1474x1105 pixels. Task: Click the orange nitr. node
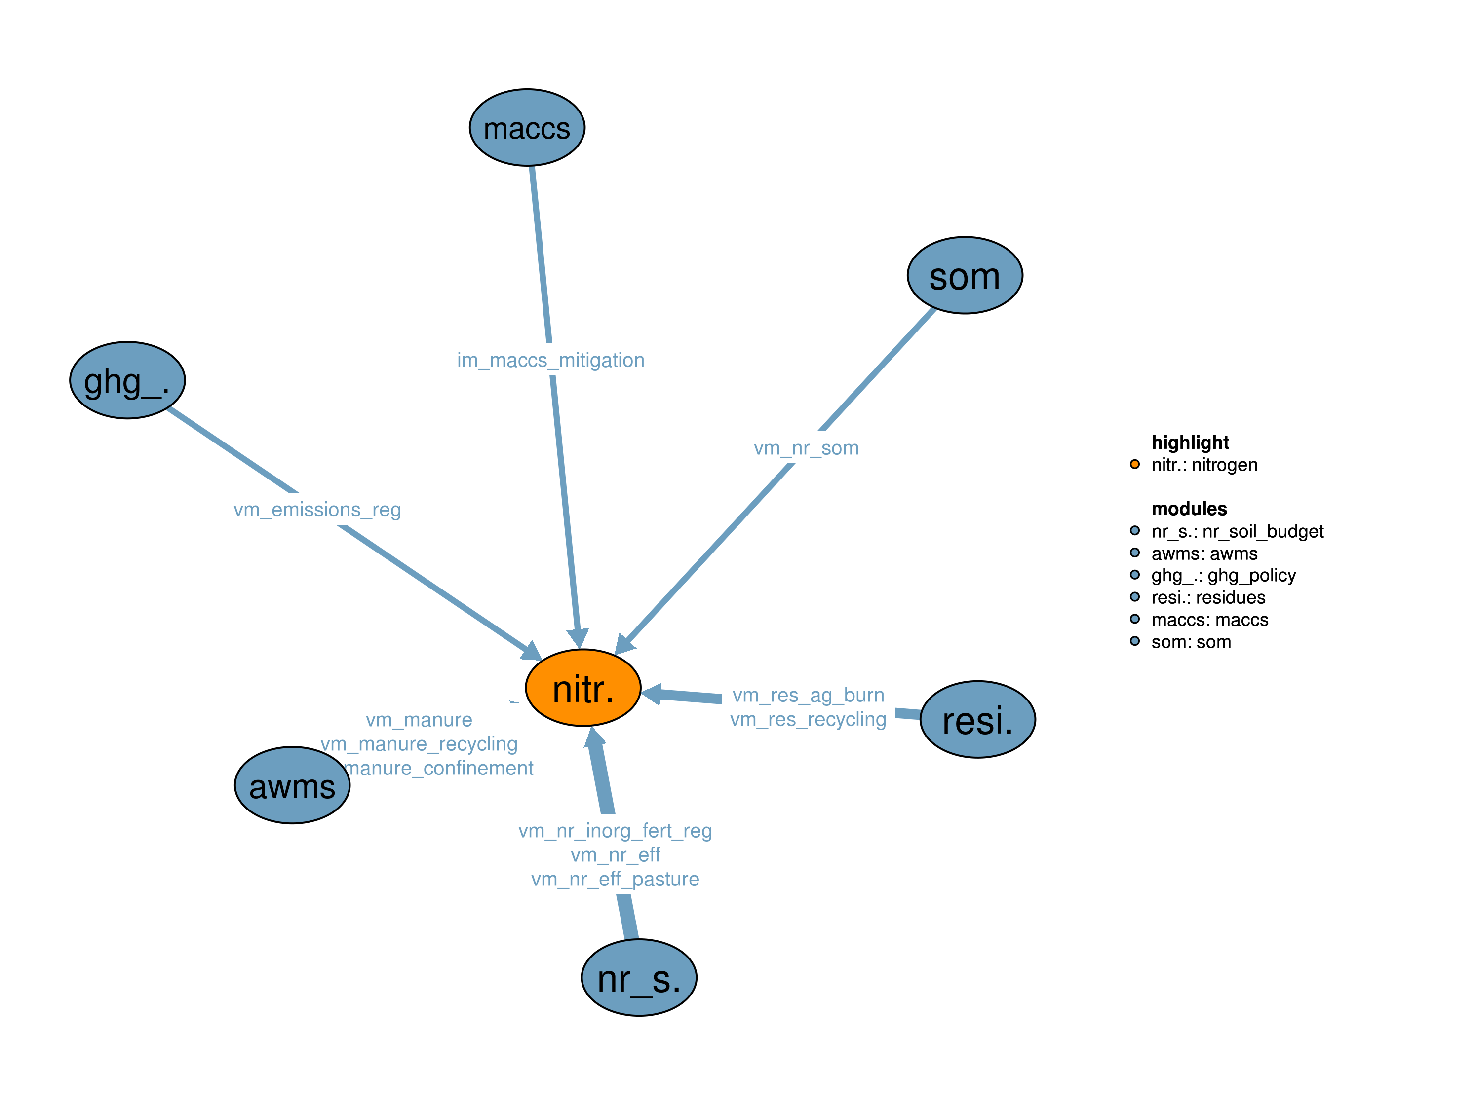583,687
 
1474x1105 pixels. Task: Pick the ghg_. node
127,380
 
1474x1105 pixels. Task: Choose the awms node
292,785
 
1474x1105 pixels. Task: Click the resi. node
977,719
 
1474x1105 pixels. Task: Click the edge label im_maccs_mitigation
550,360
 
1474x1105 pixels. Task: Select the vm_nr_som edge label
806,448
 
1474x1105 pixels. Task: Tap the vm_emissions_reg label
317,510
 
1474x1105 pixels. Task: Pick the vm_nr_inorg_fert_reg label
615,831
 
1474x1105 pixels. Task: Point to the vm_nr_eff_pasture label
615,879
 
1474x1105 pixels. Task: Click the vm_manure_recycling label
419,743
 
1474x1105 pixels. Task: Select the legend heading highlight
1190,442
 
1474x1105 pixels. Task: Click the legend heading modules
1189,509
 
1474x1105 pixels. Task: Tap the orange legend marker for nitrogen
1134,464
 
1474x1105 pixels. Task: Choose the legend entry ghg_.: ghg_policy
1223,576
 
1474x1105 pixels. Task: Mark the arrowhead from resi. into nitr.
652,694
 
